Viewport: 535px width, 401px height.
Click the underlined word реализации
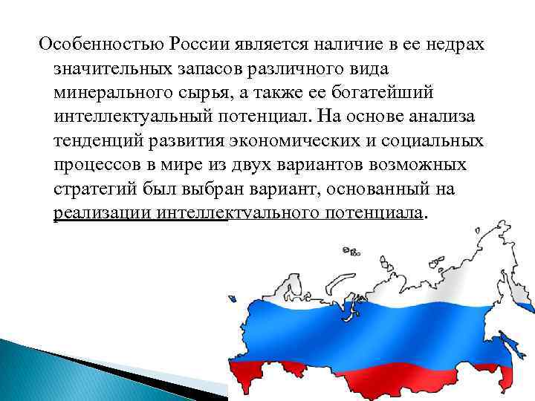click(x=103, y=214)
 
